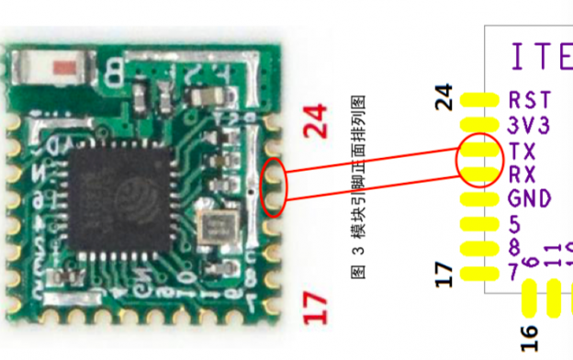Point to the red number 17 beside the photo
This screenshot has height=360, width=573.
316,307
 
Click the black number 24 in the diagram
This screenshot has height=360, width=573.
444,97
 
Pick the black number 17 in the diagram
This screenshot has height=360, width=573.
444,273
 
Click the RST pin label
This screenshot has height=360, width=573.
530,99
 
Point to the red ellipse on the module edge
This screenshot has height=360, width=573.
274,186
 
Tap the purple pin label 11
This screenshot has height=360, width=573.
552,255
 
